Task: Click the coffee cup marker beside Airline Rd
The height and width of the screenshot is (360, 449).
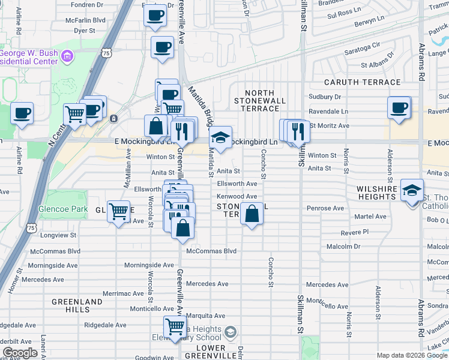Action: [x=22, y=112]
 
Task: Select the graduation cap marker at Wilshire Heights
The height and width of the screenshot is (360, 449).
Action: [x=412, y=190]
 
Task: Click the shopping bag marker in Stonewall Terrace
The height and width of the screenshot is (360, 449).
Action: [x=252, y=214]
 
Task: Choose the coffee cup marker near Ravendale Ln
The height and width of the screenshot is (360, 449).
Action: [x=399, y=108]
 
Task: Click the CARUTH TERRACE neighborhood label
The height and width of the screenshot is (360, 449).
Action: [x=370, y=82]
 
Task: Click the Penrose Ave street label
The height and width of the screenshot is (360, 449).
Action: [x=327, y=208]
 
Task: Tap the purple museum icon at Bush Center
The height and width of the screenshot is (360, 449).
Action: [x=67, y=57]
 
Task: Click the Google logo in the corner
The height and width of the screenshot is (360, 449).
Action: [x=20, y=353]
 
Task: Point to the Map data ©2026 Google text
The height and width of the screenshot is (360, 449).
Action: [x=411, y=355]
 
